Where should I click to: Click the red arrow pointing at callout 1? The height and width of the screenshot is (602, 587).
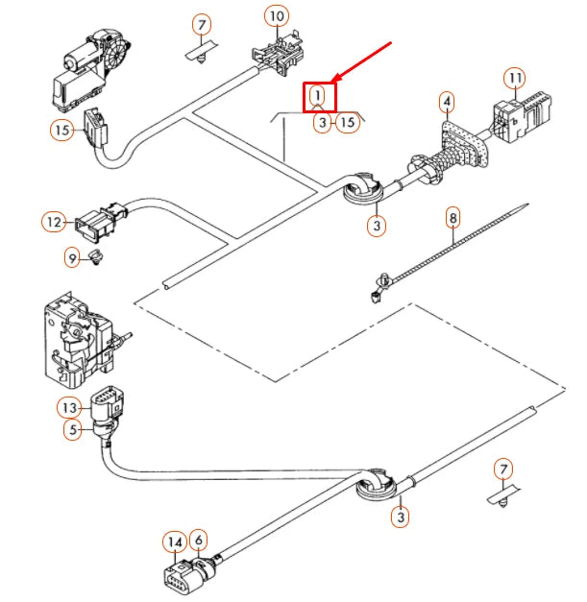pos(363,62)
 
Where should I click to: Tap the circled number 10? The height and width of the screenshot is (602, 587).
pos(277,15)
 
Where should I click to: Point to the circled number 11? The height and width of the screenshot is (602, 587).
pos(516,77)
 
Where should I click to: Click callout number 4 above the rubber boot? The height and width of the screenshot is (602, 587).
pos(448,101)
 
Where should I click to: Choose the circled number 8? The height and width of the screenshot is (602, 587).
pos(453,219)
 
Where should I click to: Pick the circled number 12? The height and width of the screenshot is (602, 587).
pos(54,223)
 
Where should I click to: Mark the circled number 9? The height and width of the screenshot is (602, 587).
pos(72,256)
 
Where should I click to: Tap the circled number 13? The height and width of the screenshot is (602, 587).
pos(69,407)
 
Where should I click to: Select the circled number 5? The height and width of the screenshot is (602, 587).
pos(72,431)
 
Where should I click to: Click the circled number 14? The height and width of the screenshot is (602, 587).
pos(174,542)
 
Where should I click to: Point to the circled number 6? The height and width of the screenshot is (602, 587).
pos(197,541)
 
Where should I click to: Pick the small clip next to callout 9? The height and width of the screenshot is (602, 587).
pos(96,255)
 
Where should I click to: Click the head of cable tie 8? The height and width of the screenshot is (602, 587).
pos(381,281)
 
